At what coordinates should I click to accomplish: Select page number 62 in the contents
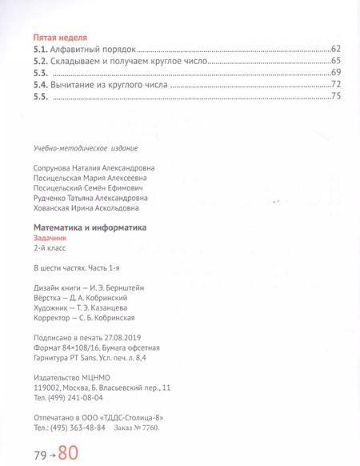335,50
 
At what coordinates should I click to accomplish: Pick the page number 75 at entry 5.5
335,97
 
